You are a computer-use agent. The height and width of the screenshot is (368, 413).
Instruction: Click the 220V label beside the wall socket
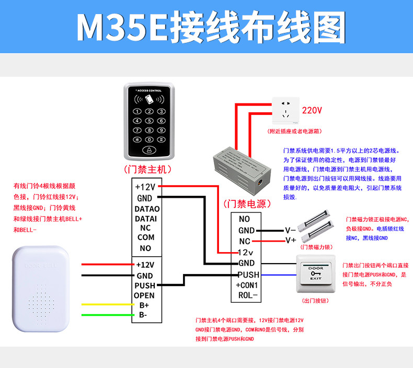[x=312, y=110]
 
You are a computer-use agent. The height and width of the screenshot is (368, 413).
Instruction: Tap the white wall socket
[x=285, y=111]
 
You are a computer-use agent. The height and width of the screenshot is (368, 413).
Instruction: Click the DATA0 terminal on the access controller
[x=147, y=209]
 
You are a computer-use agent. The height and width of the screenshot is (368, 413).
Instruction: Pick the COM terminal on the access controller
[x=146, y=238]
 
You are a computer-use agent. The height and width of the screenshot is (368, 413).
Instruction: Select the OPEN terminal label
[x=144, y=295]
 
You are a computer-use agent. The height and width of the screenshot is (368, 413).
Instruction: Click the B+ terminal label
[x=144, y=305]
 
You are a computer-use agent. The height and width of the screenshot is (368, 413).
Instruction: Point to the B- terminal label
[x=143, y=315]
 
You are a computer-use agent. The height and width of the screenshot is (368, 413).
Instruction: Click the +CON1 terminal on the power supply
[x=247, y=284]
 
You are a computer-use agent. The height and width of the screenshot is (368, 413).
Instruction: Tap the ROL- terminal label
[x=248, y=295]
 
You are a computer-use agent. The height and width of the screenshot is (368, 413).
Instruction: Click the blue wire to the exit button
[x=277, y=275]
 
